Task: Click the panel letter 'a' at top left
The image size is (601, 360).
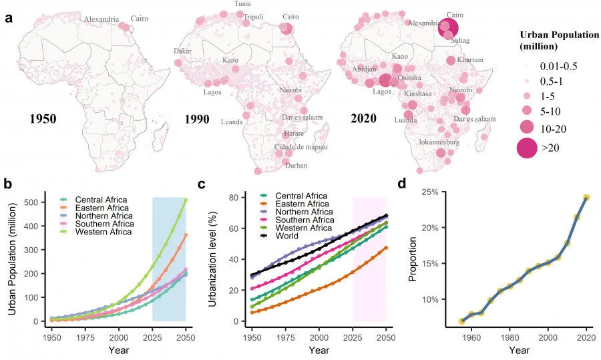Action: tap(9, 19)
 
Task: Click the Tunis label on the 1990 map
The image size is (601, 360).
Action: tap(242, 4)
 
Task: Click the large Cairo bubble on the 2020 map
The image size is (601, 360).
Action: tap(448, 28)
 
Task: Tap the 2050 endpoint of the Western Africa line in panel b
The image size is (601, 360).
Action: tap(185, 200)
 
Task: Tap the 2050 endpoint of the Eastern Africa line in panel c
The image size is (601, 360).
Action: tap(385, 248)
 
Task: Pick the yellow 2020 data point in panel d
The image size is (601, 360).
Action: tap(586, 198)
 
